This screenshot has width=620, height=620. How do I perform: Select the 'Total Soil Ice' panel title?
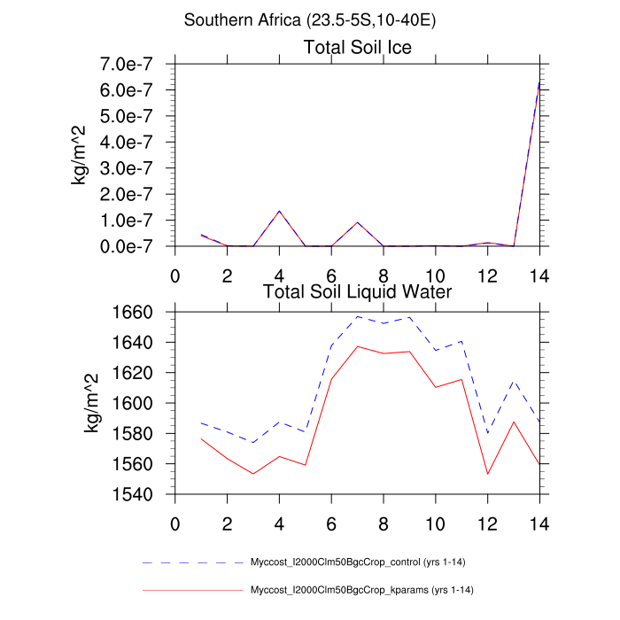(x=357, y=47)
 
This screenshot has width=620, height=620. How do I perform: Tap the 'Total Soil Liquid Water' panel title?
(x=357, y=291)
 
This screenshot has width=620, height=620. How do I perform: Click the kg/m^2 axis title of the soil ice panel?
(x=81, y=155)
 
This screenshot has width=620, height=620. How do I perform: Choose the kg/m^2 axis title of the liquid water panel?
(x=92, y=403)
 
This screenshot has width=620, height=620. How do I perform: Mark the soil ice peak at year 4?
(x=279, y=211)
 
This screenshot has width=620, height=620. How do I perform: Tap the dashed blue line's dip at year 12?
(x=487, y=433)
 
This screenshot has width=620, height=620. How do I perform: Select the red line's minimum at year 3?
(x=253, y=474)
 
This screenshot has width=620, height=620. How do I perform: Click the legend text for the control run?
(x=364, y=562)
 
